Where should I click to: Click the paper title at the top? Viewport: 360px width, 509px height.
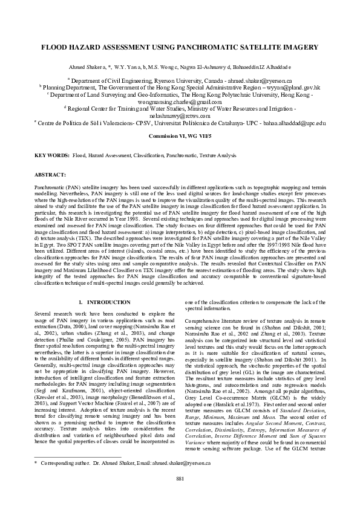click(x=180, y=47)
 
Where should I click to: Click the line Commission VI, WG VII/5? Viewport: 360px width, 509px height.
click(x=180, y=136)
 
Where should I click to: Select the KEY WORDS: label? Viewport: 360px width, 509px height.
click(x=51, y=155)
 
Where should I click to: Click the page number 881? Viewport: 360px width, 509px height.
click(x=180, y=496)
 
